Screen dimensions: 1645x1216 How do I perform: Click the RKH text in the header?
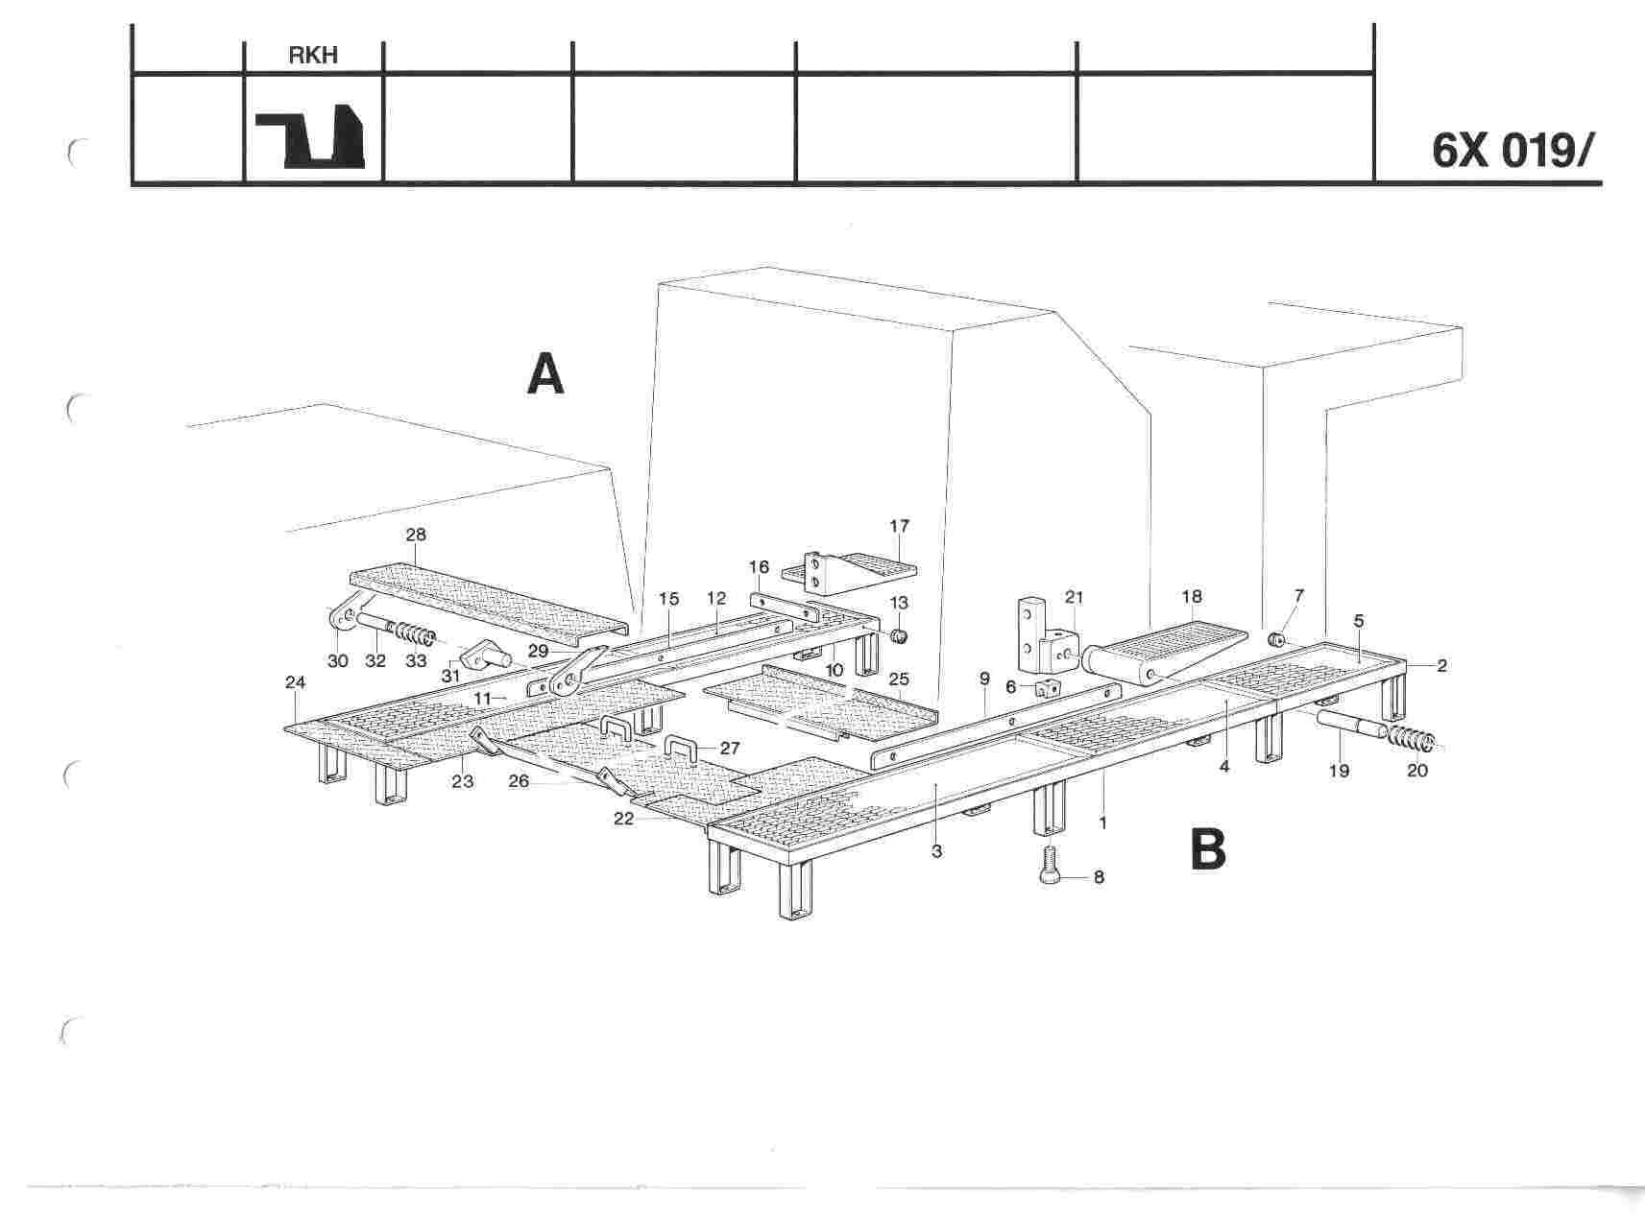tap(313, 56)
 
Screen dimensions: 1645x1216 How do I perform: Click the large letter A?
tap(545, 374)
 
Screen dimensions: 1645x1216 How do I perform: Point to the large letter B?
tap(1208, 849)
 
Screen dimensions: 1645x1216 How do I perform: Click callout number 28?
tap(416, 535)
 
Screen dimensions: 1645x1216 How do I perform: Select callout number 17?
tap(899, 526)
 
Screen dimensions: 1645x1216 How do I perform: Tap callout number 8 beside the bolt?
tap(1099, 876)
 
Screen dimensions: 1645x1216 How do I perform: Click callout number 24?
tap(295, 682)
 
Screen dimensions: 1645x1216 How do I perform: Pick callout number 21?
tap(1074, 597)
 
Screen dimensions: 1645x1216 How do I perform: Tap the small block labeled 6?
tap(1046, 687)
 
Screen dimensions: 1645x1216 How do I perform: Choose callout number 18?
tap(1192, 596)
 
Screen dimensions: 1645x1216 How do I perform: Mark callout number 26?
tap(519, 781)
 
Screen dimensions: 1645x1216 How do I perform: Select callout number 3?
tap(936, 851)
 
